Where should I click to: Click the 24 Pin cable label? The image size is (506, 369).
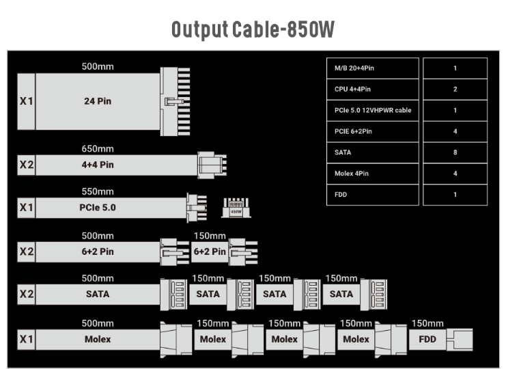point(98,101)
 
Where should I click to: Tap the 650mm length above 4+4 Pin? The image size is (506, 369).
point(98,149)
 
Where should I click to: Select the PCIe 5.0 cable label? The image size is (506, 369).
point(98,207)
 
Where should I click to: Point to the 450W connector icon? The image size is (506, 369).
point(236,207)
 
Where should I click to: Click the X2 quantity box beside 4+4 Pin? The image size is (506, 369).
point(26,165)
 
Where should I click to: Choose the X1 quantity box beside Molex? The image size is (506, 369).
point(26,339)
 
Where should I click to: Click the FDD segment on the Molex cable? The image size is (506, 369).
point(428,339)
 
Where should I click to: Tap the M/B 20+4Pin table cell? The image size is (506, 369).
point(372,68)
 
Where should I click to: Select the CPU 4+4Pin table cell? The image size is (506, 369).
point(372,89)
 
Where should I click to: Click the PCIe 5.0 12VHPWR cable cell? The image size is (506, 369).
point(372,110)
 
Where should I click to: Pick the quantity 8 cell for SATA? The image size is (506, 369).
point(455,152)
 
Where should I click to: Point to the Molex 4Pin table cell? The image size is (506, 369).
point(372,174)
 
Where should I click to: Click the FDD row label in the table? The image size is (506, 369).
point(372,195)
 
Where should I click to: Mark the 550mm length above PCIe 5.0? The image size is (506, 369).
point(98,191)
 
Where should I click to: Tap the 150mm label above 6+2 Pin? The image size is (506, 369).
point(210,236)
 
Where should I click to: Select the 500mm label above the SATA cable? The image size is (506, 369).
point(98,278)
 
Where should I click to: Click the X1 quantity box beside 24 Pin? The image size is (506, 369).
point(26,101)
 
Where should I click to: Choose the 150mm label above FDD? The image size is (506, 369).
point(428,323)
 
